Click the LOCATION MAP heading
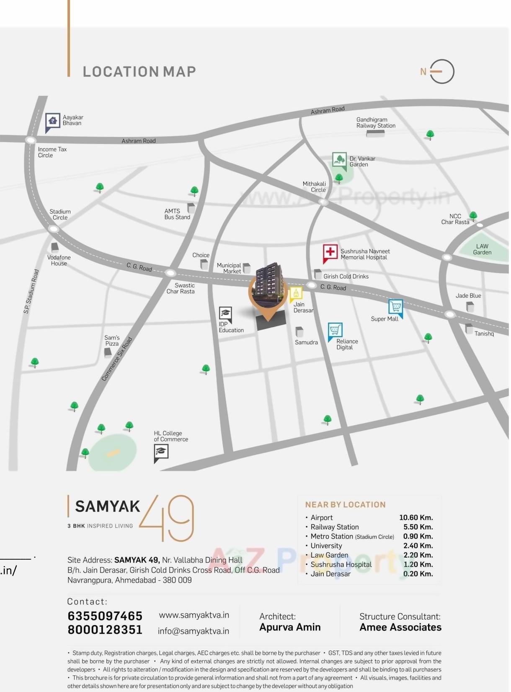tap(139, 72)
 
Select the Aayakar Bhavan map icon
tap(52, 121)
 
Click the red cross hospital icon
tap(330, 252)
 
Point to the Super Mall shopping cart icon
tap(395, 307)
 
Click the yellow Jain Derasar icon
tap(296, 294)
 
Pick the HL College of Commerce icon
tap(161, 452)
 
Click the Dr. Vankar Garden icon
tap(339, 160)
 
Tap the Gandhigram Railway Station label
tap(376, 123)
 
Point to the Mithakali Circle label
tap(315, 187)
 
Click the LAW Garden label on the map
tap(482, 249)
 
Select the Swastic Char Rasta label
tap(181, 288)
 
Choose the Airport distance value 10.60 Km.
tap(416, 518)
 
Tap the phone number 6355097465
tap(105, 616)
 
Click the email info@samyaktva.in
tap(194, 631)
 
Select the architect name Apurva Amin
tap(290, 627)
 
